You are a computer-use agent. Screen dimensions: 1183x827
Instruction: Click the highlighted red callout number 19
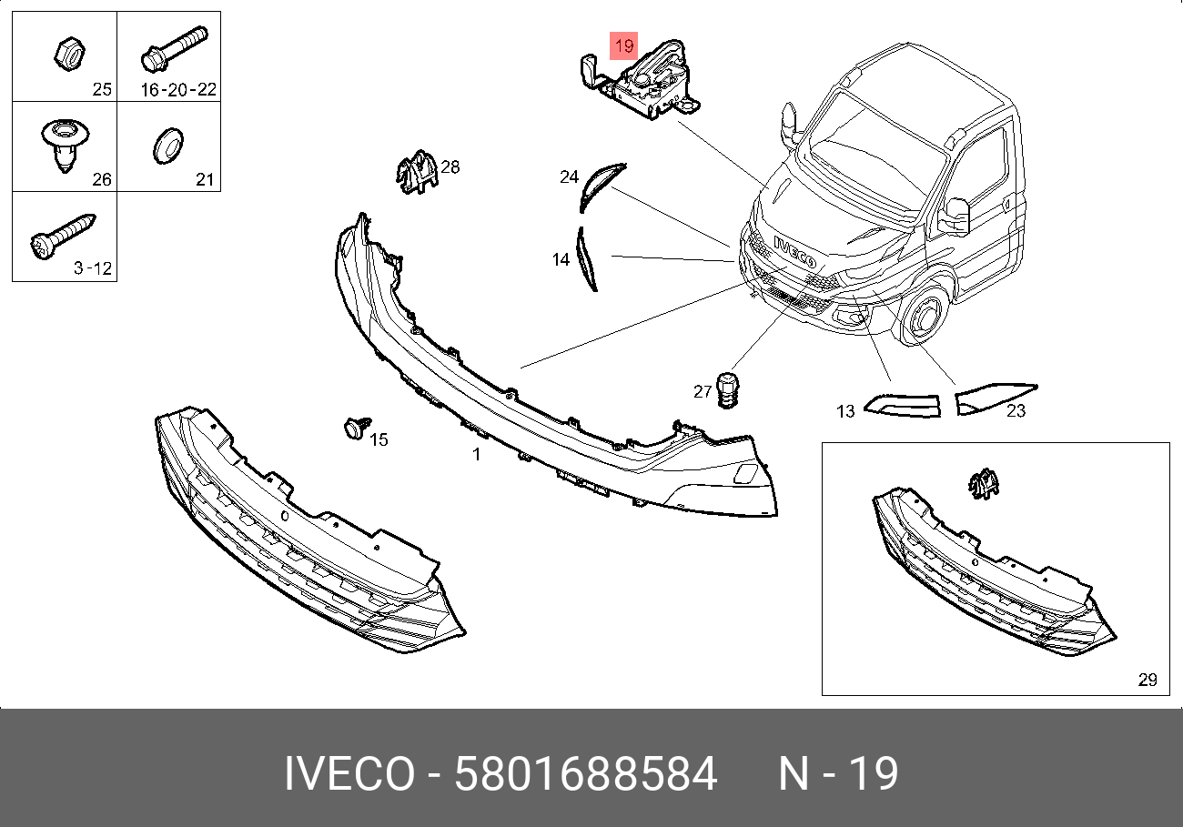click(623, 45)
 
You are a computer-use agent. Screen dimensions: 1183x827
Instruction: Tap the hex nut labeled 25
click(69, 54)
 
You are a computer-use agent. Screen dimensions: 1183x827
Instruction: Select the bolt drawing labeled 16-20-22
click(175, 49)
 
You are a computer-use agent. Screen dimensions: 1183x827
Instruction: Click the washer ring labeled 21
click(168, 146)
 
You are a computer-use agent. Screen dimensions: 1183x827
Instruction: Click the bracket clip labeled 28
click(417, 172)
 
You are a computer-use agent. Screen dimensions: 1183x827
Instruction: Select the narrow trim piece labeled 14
click(585, 258)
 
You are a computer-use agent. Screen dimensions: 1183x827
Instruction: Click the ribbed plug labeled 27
click(728, 390)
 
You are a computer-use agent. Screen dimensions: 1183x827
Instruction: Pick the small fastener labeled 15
click(357, 428)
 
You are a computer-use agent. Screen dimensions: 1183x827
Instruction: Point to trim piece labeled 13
click(903, 406)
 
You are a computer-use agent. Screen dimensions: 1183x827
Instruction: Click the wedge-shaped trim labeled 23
click(993, 398)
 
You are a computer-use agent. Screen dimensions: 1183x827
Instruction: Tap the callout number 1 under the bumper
click(476, 454)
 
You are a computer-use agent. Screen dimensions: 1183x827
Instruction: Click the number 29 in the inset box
click(1148, 679)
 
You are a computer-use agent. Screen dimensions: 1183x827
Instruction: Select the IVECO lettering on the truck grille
click(794, 251)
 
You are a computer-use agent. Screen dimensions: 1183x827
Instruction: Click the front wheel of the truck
click(924, 316)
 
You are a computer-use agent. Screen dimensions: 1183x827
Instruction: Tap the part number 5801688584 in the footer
click(586, 773)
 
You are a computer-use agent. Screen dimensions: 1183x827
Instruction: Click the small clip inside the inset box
click(984, 483)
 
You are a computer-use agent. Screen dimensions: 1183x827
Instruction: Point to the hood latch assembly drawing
click(641, 80)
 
